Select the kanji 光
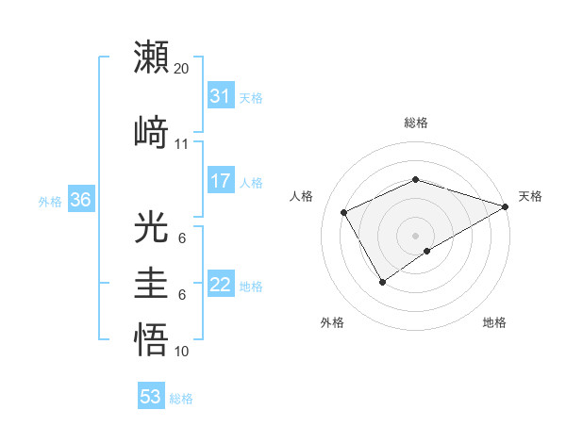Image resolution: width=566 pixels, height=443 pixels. tap(152, 228)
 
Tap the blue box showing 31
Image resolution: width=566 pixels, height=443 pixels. tap(220, 96)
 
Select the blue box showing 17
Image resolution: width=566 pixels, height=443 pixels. tap(220, 181)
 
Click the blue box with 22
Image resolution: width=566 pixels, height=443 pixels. tap(220, 286)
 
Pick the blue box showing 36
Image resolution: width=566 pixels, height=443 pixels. tap(80, 200)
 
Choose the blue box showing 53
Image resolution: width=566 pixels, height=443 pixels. tap(150, 397)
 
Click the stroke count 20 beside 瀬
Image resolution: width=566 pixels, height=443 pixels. tap(182, 69)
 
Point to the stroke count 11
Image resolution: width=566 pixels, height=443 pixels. tap(182, 143)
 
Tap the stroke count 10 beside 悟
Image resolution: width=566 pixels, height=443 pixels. tap(182, 352)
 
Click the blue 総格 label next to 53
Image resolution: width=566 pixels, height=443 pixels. tap(182, 399)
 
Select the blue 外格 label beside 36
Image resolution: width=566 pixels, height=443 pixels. tap(50, 201)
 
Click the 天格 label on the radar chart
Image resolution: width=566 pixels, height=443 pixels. tap(530, 196)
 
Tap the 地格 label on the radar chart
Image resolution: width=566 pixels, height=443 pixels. tap(494, 322)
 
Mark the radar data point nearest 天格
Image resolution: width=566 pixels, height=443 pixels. tap(506, 206)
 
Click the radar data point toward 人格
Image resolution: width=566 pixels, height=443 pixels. tap(344, 213)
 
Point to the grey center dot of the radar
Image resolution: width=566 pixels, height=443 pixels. tap(415, 235)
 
